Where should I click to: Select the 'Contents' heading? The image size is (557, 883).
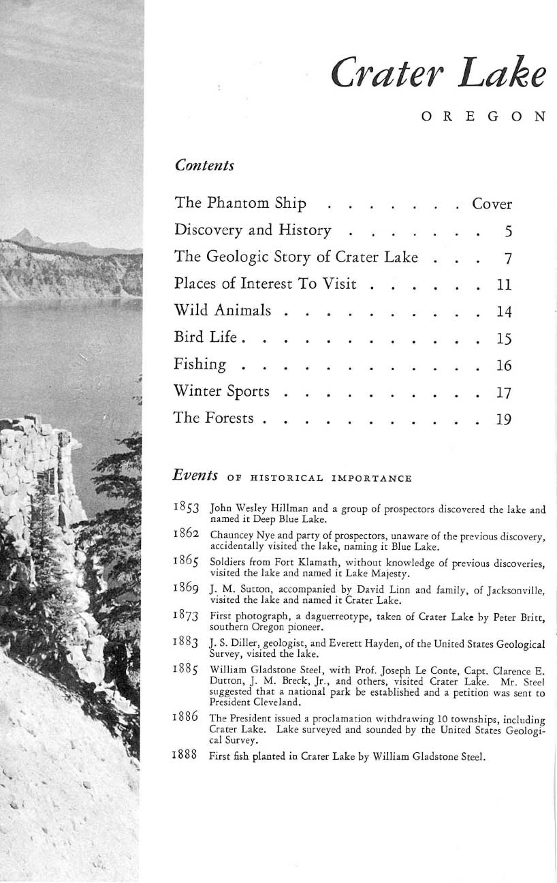click(x=204, y=166)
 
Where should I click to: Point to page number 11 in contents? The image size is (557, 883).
click(x=504, y=285)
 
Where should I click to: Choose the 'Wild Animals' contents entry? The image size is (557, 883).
click(x=223, y=311)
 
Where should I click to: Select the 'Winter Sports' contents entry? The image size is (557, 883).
click(x=222, y=392)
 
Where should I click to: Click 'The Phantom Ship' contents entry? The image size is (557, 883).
click(x=240, y=204)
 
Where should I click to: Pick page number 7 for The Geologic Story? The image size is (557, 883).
click(x=507, y=258)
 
